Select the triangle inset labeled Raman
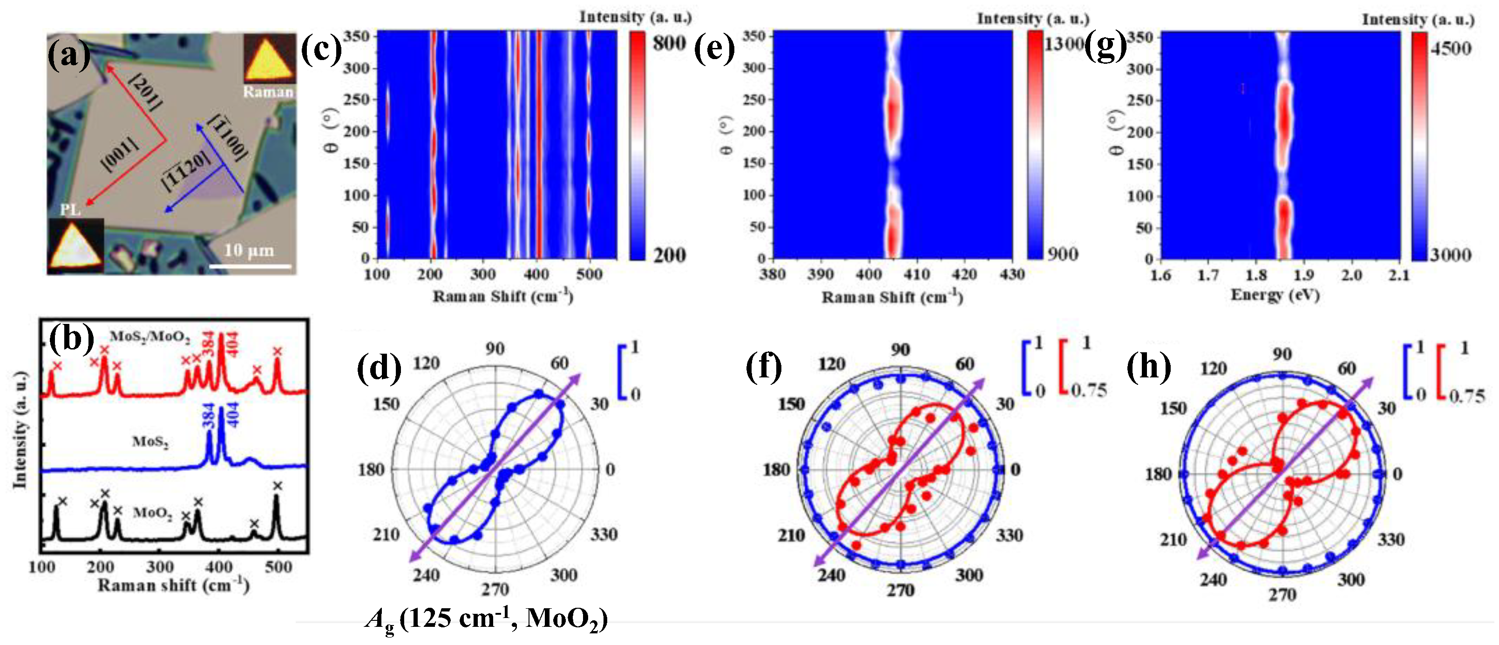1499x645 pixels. tap(269, 58)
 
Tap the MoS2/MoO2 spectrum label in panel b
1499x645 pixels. tap(149, 337)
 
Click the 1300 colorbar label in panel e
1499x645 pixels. tap(1064, 44)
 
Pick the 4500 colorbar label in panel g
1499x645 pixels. tap(1450, 48)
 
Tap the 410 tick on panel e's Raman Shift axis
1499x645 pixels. tap(916, 275)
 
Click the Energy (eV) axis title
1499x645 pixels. tap(1275, 296)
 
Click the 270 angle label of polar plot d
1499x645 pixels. tap(495, 589)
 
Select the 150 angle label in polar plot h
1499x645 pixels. tap(1173, 409)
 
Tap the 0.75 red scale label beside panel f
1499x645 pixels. tap(1088, 390)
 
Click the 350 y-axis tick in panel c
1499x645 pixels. tap(356, 37)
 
